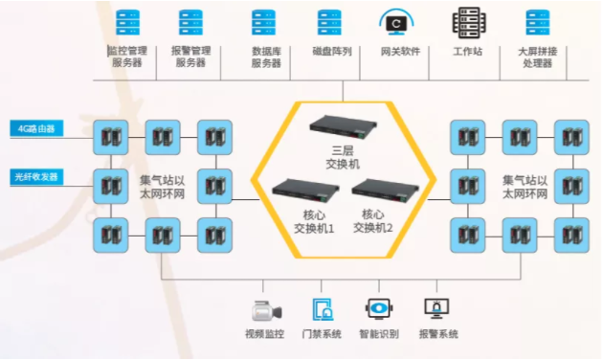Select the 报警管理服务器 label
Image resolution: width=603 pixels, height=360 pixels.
(x=190, y=56)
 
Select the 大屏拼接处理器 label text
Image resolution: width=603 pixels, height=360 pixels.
(x=536, y=56)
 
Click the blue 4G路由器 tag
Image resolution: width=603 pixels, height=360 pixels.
(x=37, y=128)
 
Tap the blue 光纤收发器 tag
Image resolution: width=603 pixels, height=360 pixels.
(x=37, y=177)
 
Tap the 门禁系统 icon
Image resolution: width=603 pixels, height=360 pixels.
(x=323, y=309)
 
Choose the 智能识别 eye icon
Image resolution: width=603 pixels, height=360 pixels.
(x=380, y=309)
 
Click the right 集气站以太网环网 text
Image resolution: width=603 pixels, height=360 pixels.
(x=525, y=188)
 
